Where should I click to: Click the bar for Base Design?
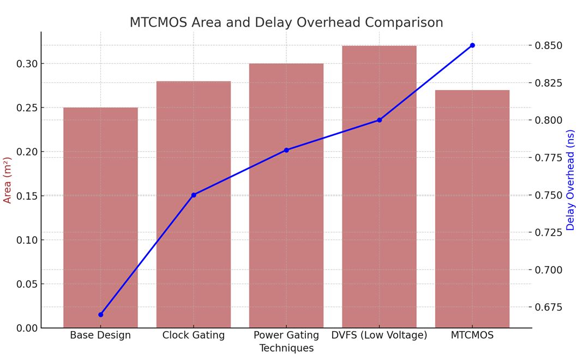point(100,218)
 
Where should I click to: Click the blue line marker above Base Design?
point(100,315)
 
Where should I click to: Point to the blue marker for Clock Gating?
point(194,195)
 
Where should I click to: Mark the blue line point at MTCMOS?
point(472,45)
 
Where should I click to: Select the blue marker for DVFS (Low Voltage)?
point(379,120)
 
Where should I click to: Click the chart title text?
point(286,22)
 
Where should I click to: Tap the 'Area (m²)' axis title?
point(8,180)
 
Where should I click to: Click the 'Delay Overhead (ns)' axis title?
point(570,180)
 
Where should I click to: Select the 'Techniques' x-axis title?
point(286,348)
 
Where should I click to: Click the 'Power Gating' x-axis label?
point(286,335)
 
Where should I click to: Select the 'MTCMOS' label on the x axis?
point(472,335)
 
